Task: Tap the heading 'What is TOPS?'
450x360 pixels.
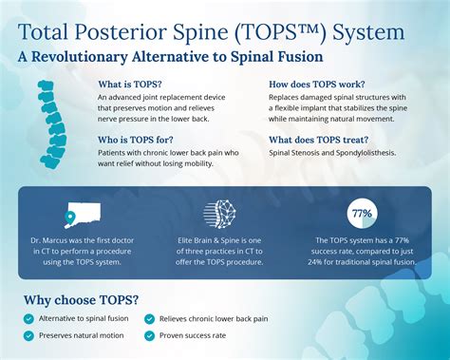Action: click(x=130, y=83)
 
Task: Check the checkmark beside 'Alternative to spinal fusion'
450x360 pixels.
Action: click(x=29, y=320)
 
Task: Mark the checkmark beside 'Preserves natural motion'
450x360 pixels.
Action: click(x=29, y=335)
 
